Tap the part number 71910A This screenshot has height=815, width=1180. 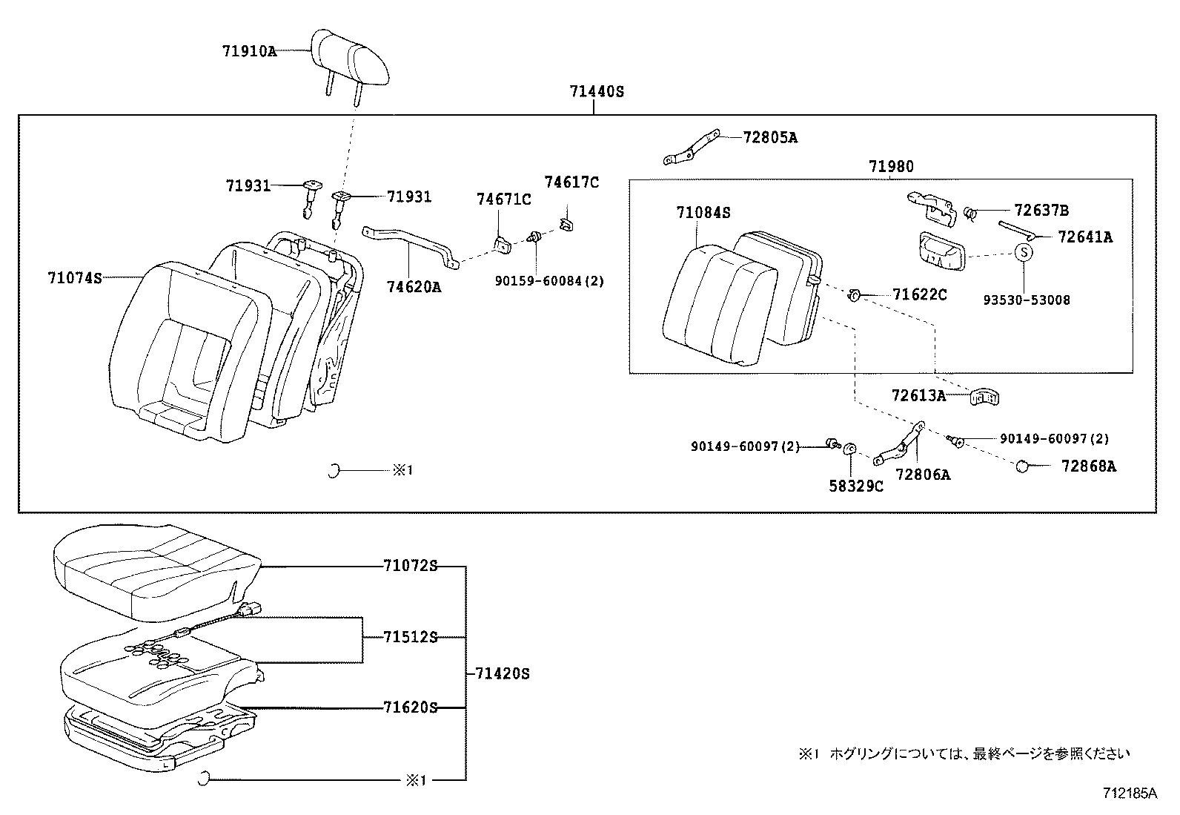click(x=248, y=51)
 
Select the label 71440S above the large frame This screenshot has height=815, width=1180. click(x=597, y=92)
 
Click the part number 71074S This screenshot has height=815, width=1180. click(x=74, y=278)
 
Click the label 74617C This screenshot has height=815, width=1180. click(x=571, y=182)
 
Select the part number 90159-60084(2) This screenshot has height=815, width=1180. click(x=548, y=282)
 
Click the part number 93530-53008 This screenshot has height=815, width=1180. click(x=1027, y=300)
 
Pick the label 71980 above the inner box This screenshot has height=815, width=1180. click(x=892, y=168)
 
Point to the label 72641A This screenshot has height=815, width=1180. click(x=1085, y=237)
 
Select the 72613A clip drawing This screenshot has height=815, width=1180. click(x=985, y=397)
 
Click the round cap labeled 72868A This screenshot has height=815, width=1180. click(x=1023, y=466)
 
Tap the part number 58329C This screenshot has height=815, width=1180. click(x=855, y=486)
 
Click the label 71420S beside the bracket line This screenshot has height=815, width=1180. click(x=502, y=673)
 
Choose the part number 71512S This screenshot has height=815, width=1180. click(x=410, y=637)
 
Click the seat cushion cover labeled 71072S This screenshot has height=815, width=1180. click(x=156, y=567)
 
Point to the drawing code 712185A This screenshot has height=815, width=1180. click(x=1129, y=793)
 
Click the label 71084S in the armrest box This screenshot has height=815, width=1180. click(x=703, y=213)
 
